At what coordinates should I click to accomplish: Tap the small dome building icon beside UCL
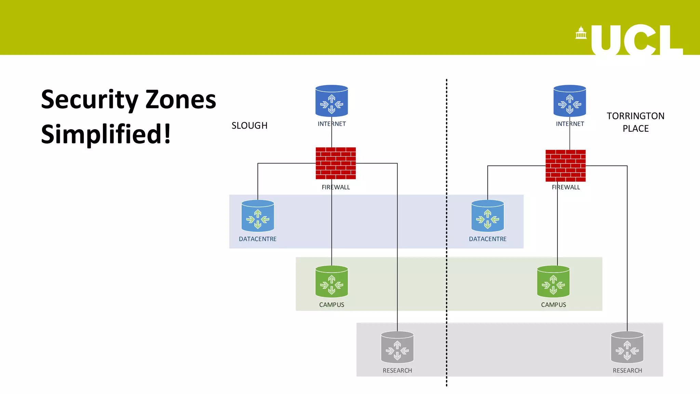point(581,33)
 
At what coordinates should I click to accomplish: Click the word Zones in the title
point(181,100)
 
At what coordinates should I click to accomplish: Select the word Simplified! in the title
point(106,134)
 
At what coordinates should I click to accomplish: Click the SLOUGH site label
point(250,126)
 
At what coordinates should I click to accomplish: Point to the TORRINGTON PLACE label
point(635,122)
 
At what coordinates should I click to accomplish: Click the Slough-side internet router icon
point(332,101)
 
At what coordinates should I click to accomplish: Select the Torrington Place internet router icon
point(569,101)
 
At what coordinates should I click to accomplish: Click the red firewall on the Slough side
point(336,163)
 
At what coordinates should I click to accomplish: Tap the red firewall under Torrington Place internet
point(565,166)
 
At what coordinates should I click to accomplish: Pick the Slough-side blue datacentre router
point(258,216)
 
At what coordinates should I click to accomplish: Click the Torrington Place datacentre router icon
point(487,216)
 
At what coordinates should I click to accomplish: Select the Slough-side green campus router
point(332,281)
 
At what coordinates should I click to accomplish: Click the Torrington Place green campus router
point(553,281)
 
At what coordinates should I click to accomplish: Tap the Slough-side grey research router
point(397,347)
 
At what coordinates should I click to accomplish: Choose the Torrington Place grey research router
point(627,347)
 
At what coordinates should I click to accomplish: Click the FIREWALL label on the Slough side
point(336,187)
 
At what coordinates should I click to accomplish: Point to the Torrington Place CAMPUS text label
point(553,305)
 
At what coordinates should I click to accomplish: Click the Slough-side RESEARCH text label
point(397,370)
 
